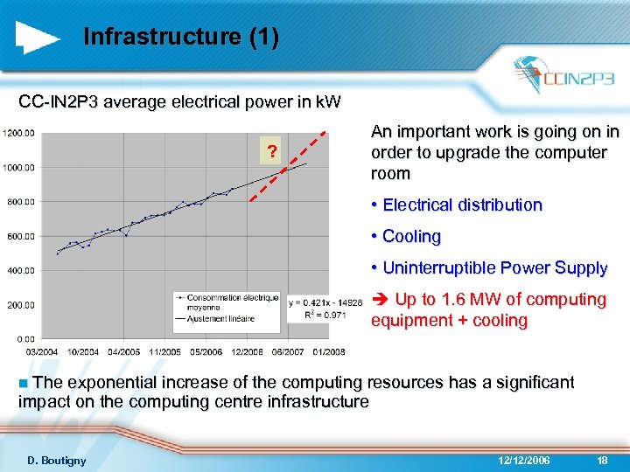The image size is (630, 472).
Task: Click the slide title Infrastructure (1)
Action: [x=181, y=37]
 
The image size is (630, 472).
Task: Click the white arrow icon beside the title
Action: [x=38, y=37]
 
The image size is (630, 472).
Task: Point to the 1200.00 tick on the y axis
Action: [x=19, y=134]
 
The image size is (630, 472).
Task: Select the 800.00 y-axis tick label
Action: [x=19, y=202]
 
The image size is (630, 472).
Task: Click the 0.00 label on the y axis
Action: [x=24, y=338]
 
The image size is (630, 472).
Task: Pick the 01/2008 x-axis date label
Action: [x=328, y=351]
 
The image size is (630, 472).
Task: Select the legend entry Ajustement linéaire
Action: [x=223, y=319]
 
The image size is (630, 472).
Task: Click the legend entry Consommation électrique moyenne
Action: [x=224, y=302]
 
